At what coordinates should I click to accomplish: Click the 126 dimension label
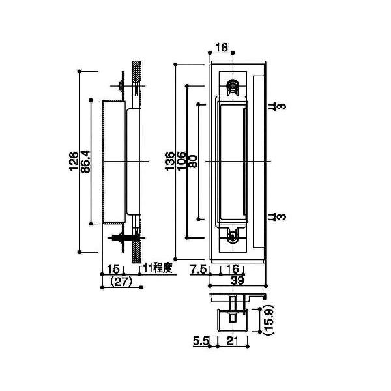(74, 161)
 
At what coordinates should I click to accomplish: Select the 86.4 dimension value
(85, 161)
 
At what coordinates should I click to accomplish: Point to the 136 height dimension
(171, 161)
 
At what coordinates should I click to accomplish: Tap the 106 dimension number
(182, 161)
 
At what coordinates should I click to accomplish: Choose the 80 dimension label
(193, 161)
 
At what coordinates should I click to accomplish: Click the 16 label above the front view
(220, 48)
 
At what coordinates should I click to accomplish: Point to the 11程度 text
(157, 268)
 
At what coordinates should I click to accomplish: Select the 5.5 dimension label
(201, 340)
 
